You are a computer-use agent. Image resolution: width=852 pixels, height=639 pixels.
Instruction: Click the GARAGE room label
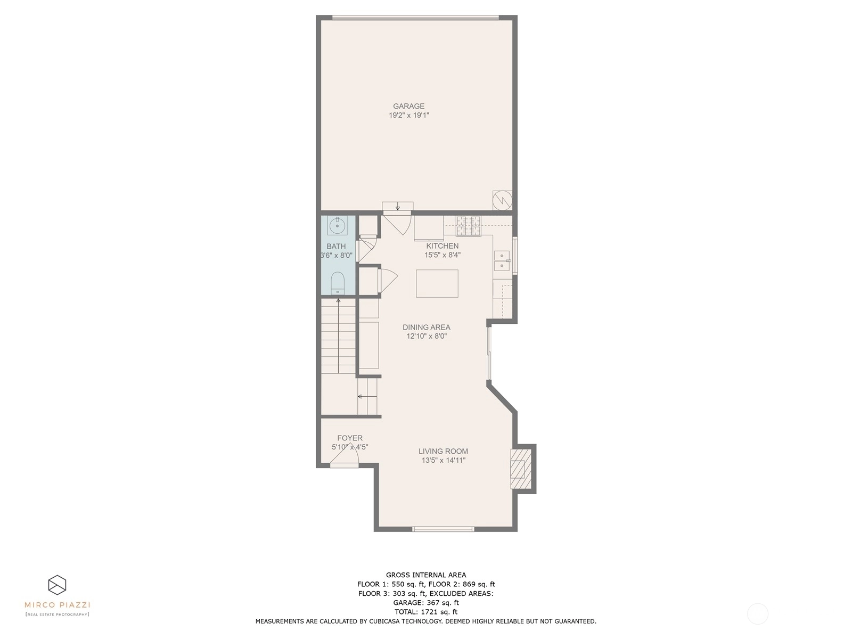click(x=408, y=106)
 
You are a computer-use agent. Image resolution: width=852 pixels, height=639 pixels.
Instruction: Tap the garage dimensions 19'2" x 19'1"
click(x=409, y=115)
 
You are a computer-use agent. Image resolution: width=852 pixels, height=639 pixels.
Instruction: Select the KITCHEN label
click(x=442, y=245)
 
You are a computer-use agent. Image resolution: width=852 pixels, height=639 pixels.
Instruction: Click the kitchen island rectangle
click(x=437, y=284)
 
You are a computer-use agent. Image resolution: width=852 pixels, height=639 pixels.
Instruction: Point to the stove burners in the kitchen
click(x=469, y=226)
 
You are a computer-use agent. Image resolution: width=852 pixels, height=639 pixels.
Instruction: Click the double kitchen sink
click(x=502, y=261)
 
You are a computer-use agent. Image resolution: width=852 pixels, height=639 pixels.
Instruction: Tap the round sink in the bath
click(x=337, y=225)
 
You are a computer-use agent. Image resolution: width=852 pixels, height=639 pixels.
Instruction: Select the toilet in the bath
click(x=337, y=283)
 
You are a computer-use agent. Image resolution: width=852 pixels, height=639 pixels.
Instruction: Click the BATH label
click(x=336, y=246)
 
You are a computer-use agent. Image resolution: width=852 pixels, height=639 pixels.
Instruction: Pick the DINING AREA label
click(x=426, y=327)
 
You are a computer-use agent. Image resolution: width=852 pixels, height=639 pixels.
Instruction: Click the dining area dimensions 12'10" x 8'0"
click(x=427, y=337)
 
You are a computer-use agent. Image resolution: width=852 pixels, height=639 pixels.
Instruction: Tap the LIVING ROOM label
click(x=443, y=451)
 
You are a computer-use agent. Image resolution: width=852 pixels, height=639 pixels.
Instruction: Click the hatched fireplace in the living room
click(x=520, y=469)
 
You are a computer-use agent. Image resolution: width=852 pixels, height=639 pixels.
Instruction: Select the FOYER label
click(x=350, y=438)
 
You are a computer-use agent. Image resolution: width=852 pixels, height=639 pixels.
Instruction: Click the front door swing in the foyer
click(x=345, y=455)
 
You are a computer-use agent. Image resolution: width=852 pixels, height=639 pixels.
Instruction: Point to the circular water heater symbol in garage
click(x=502, y=201)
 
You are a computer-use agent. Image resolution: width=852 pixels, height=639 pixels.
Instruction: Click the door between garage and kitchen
click(x=397, y=223)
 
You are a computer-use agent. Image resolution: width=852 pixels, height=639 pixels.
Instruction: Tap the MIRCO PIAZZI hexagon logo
click(x=57, y=585)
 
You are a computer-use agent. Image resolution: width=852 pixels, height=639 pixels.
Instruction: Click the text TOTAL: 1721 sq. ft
click(x=426, y=612)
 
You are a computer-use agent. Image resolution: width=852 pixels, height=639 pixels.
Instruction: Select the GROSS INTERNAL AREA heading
click(x=426, y=575)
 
